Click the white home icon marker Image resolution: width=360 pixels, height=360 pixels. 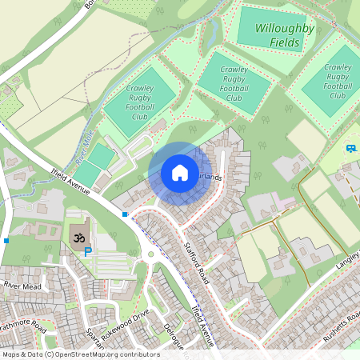coord(179,172)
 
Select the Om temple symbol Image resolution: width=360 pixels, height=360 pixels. coord(79,238)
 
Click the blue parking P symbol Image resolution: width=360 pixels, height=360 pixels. coord(88,252)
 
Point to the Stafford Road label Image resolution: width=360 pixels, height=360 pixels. coord(197,265)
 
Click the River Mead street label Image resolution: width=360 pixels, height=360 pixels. coord(22,284)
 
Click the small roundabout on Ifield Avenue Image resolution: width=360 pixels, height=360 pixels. coord(150,256)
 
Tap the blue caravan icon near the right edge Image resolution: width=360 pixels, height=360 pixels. coord(351,148)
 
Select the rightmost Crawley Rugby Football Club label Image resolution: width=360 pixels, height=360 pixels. coord(338,82)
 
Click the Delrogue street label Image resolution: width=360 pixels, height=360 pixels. coord(174,335)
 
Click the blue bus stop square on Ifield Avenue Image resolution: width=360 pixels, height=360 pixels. coord(125,214)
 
